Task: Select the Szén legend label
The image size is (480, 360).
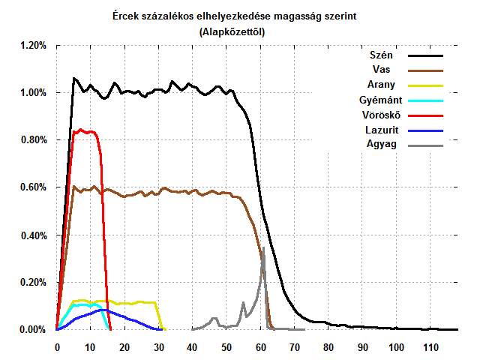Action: point(382,55)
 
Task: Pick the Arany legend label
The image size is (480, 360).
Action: point(382,85)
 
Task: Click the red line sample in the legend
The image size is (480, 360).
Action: point(425,115)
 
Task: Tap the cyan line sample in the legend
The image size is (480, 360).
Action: point(425,100)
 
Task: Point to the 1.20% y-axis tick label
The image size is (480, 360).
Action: point(33,46)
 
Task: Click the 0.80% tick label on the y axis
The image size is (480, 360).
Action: point(33,140)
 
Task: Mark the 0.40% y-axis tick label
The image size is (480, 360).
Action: point(33,235)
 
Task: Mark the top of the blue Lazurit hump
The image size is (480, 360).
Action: point(103,309)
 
